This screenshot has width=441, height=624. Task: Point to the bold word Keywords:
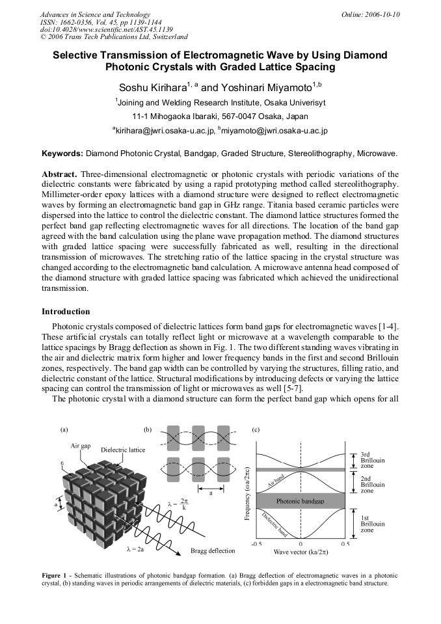click(62, 154)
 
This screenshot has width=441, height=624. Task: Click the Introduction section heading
click(66, 311)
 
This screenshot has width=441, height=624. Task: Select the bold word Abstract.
click(60, 175)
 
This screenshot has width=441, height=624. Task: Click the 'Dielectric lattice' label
click(123, 450)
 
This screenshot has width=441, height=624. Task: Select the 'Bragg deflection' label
click(213, 550)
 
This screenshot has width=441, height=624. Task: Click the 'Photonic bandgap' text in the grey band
click(301, 502)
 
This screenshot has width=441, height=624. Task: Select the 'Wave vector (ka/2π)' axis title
click(301, 552)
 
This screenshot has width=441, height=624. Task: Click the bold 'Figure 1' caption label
click(56, 576)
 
